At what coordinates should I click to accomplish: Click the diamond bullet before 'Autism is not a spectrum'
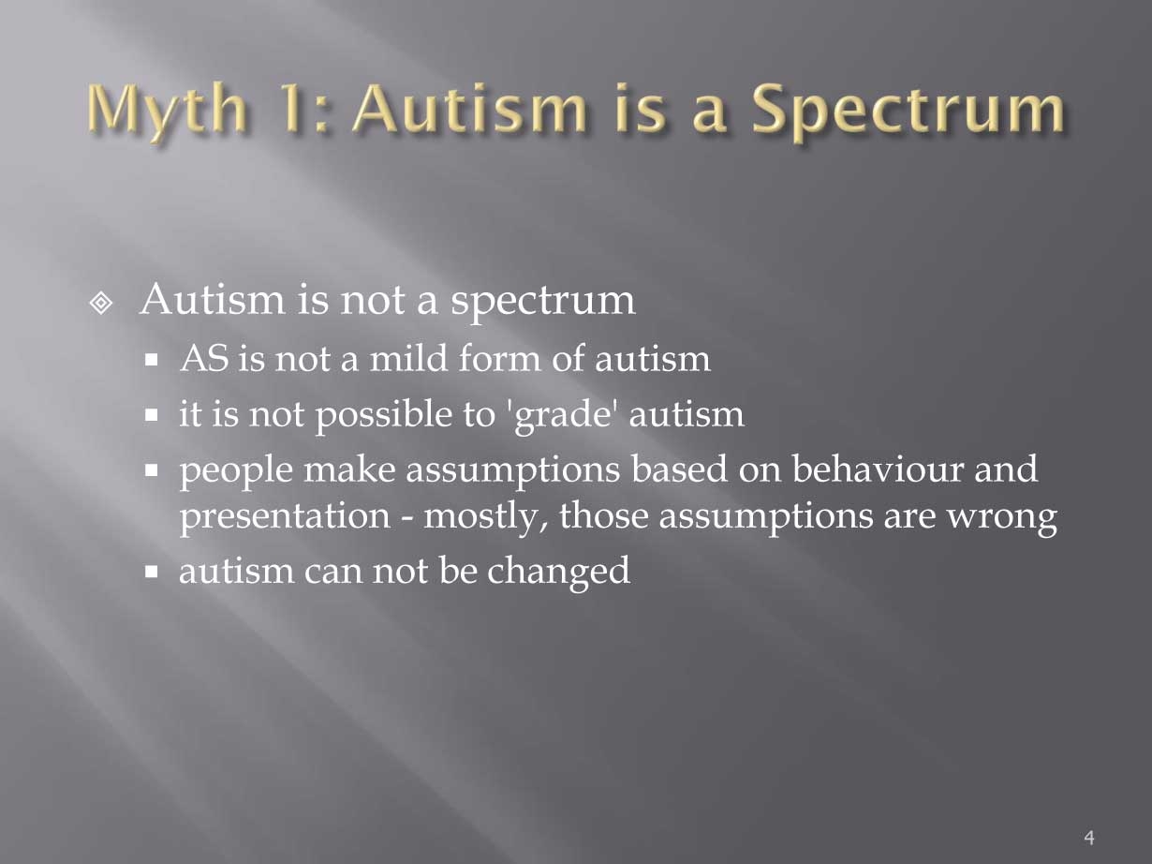point(101,303)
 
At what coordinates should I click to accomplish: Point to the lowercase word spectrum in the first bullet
point(542,303)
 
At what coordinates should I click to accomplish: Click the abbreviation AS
point(205,359)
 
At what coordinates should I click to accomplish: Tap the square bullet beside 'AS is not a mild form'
point(152,360)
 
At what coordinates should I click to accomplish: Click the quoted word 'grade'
point(562,416)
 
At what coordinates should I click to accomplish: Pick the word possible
point(384,416)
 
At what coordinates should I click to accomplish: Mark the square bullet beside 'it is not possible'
point(152,416)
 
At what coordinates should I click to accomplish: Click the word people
point(236,470)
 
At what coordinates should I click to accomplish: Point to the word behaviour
point(878,469)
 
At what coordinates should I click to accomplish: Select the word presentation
point(285,517)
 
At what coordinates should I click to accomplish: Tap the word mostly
point(486,517)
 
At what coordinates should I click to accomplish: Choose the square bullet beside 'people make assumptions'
point(152,470)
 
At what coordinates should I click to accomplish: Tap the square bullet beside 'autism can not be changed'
point(152,571)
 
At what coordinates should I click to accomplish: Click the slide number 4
point(1089,837)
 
